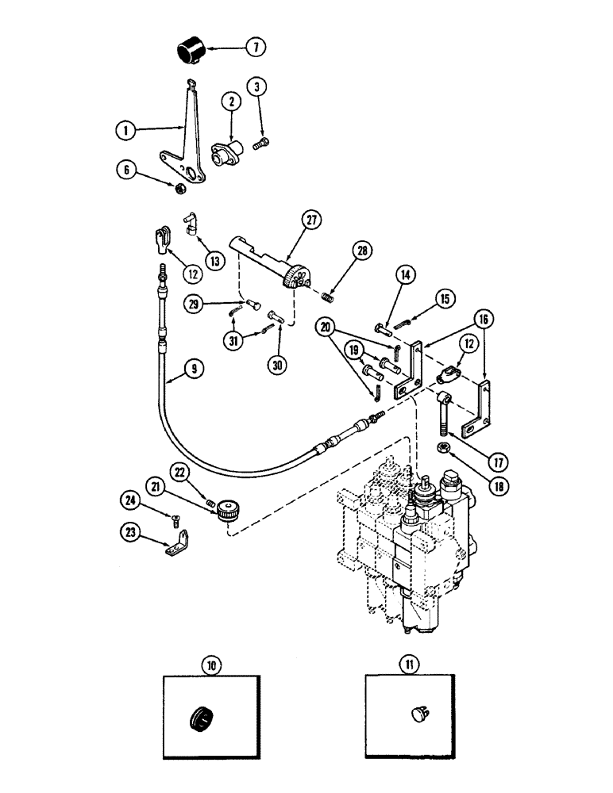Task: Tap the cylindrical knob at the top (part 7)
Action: [x=191, y=52]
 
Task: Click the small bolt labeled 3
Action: [x=260, y=144]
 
